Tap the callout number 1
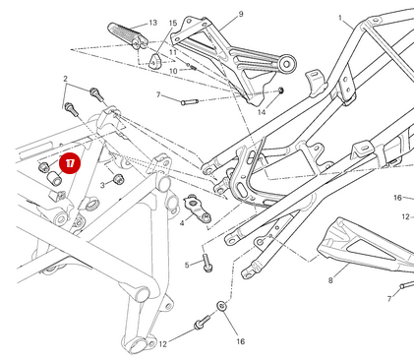pos(340,18)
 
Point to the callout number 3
pos(101,184)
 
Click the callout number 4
pos(182,223)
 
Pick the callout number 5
pos(187,265)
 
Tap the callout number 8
pos(330,280)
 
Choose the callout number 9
pos(240,15)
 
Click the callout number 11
pos(172,51)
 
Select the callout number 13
pos(152,22)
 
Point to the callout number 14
pos(262,112)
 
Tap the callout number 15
pos(173,22)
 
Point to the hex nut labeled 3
pos(118,179)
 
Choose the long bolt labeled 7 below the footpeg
pos(188,100)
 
